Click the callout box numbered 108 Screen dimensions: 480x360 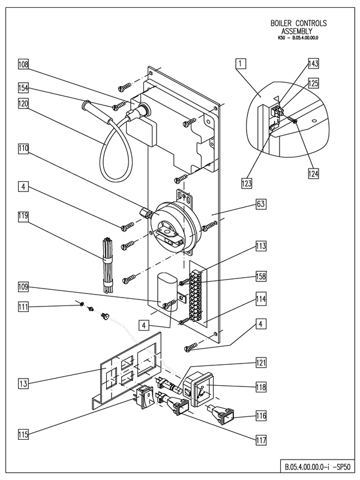pyautogui.click(x=23, y=64)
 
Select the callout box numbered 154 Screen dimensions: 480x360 pyautogui.click(x=23, y=88)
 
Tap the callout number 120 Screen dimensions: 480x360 pyautogui.click(x=23, y=103)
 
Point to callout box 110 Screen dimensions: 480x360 pyautogui.click(x=23, y=147)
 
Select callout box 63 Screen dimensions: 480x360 pyautogui.click(x=260, y=205)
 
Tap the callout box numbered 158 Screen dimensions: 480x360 pyautogui.click(x=260, y=277)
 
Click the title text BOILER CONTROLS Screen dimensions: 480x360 pyautogui.click(x=299, y=23)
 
